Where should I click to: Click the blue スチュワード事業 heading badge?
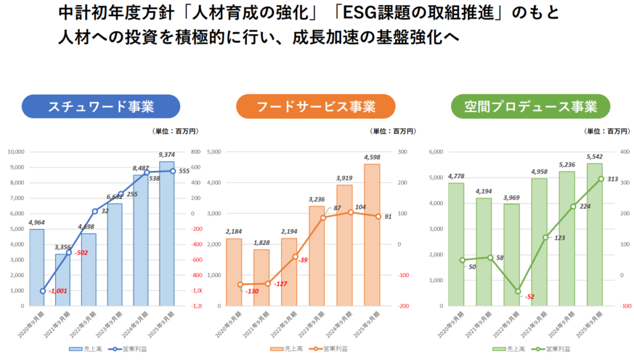pos(101,106)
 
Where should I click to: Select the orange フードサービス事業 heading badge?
pos(315,106)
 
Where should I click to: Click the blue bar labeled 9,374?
pos(167,235)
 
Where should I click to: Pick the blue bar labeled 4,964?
pos(37,268)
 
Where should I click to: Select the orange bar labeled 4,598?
pos(372,235)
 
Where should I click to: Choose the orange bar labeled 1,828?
pos(262,278)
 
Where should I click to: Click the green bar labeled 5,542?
pos(595,235)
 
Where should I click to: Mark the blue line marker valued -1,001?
pos(43,291)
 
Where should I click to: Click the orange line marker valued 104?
pos(350,212)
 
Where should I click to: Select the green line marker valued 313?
pos(601,178)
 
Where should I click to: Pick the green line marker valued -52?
pos(518,291)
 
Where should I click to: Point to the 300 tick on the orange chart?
pos(402,152)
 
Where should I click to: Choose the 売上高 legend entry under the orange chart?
pos(285,349)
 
